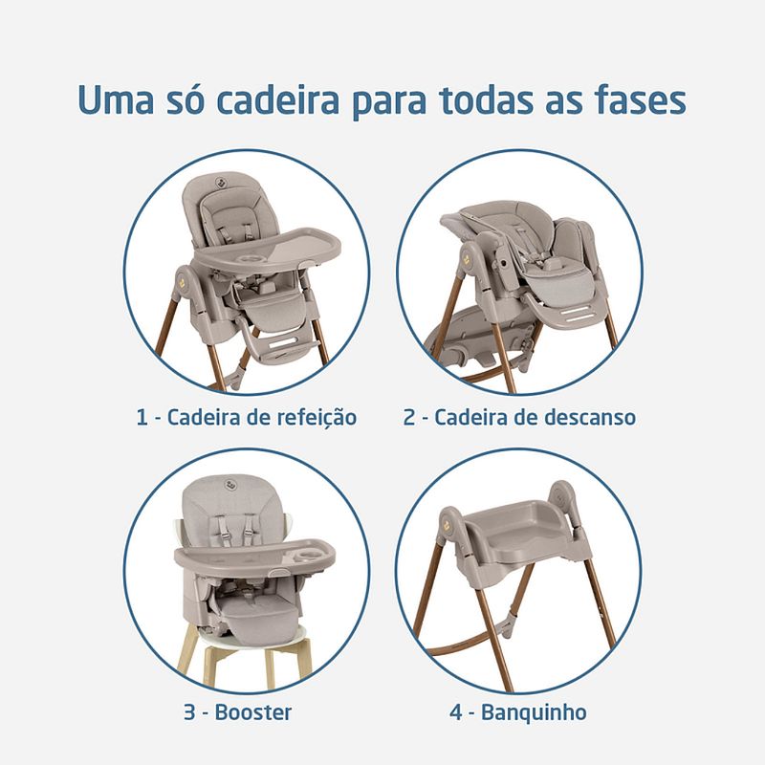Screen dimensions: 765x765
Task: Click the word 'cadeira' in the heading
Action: pos(277,100)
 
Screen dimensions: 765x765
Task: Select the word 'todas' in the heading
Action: pos(487,100)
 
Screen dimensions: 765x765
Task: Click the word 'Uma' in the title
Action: pos(116,101)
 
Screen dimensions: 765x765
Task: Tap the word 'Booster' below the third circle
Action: pos(253,712)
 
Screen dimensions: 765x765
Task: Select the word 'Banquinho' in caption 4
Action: pos(534,712)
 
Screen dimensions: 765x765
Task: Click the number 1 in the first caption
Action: pos(142,418)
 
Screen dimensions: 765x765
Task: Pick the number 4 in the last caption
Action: pos(456,712)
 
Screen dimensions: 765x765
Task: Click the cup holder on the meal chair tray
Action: pos(251,257)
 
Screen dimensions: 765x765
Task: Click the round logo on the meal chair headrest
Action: pos(220,183)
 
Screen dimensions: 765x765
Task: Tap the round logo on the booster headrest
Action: pos(230,484)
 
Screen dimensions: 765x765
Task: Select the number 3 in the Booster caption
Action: pos(189,712)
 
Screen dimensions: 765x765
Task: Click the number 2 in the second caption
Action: pos(409,418)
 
